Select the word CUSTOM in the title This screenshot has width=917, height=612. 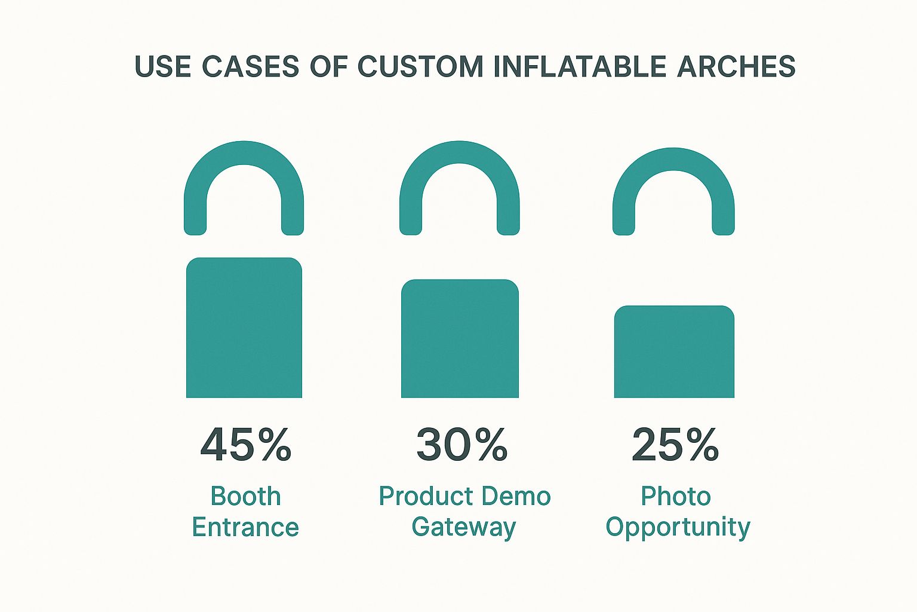420,66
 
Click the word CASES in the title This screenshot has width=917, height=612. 250,66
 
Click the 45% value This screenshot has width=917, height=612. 245,445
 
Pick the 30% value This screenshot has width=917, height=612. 461,445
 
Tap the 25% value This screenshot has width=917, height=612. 675,445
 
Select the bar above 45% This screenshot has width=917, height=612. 244,328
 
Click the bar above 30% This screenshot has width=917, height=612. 460,338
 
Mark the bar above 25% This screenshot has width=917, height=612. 674,351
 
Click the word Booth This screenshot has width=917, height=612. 245,497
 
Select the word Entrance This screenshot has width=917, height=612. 245,528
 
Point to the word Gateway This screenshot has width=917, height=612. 463,528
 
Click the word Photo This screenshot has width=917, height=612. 675,497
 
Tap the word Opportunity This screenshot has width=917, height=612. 678,528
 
